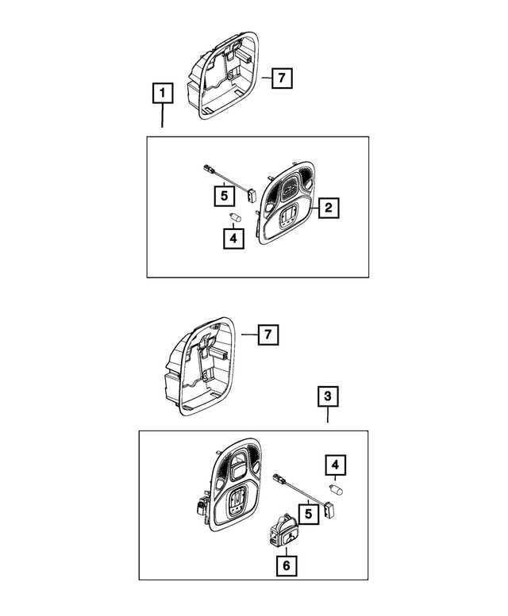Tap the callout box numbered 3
tap(328, 396)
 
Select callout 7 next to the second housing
tap(268, 335)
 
